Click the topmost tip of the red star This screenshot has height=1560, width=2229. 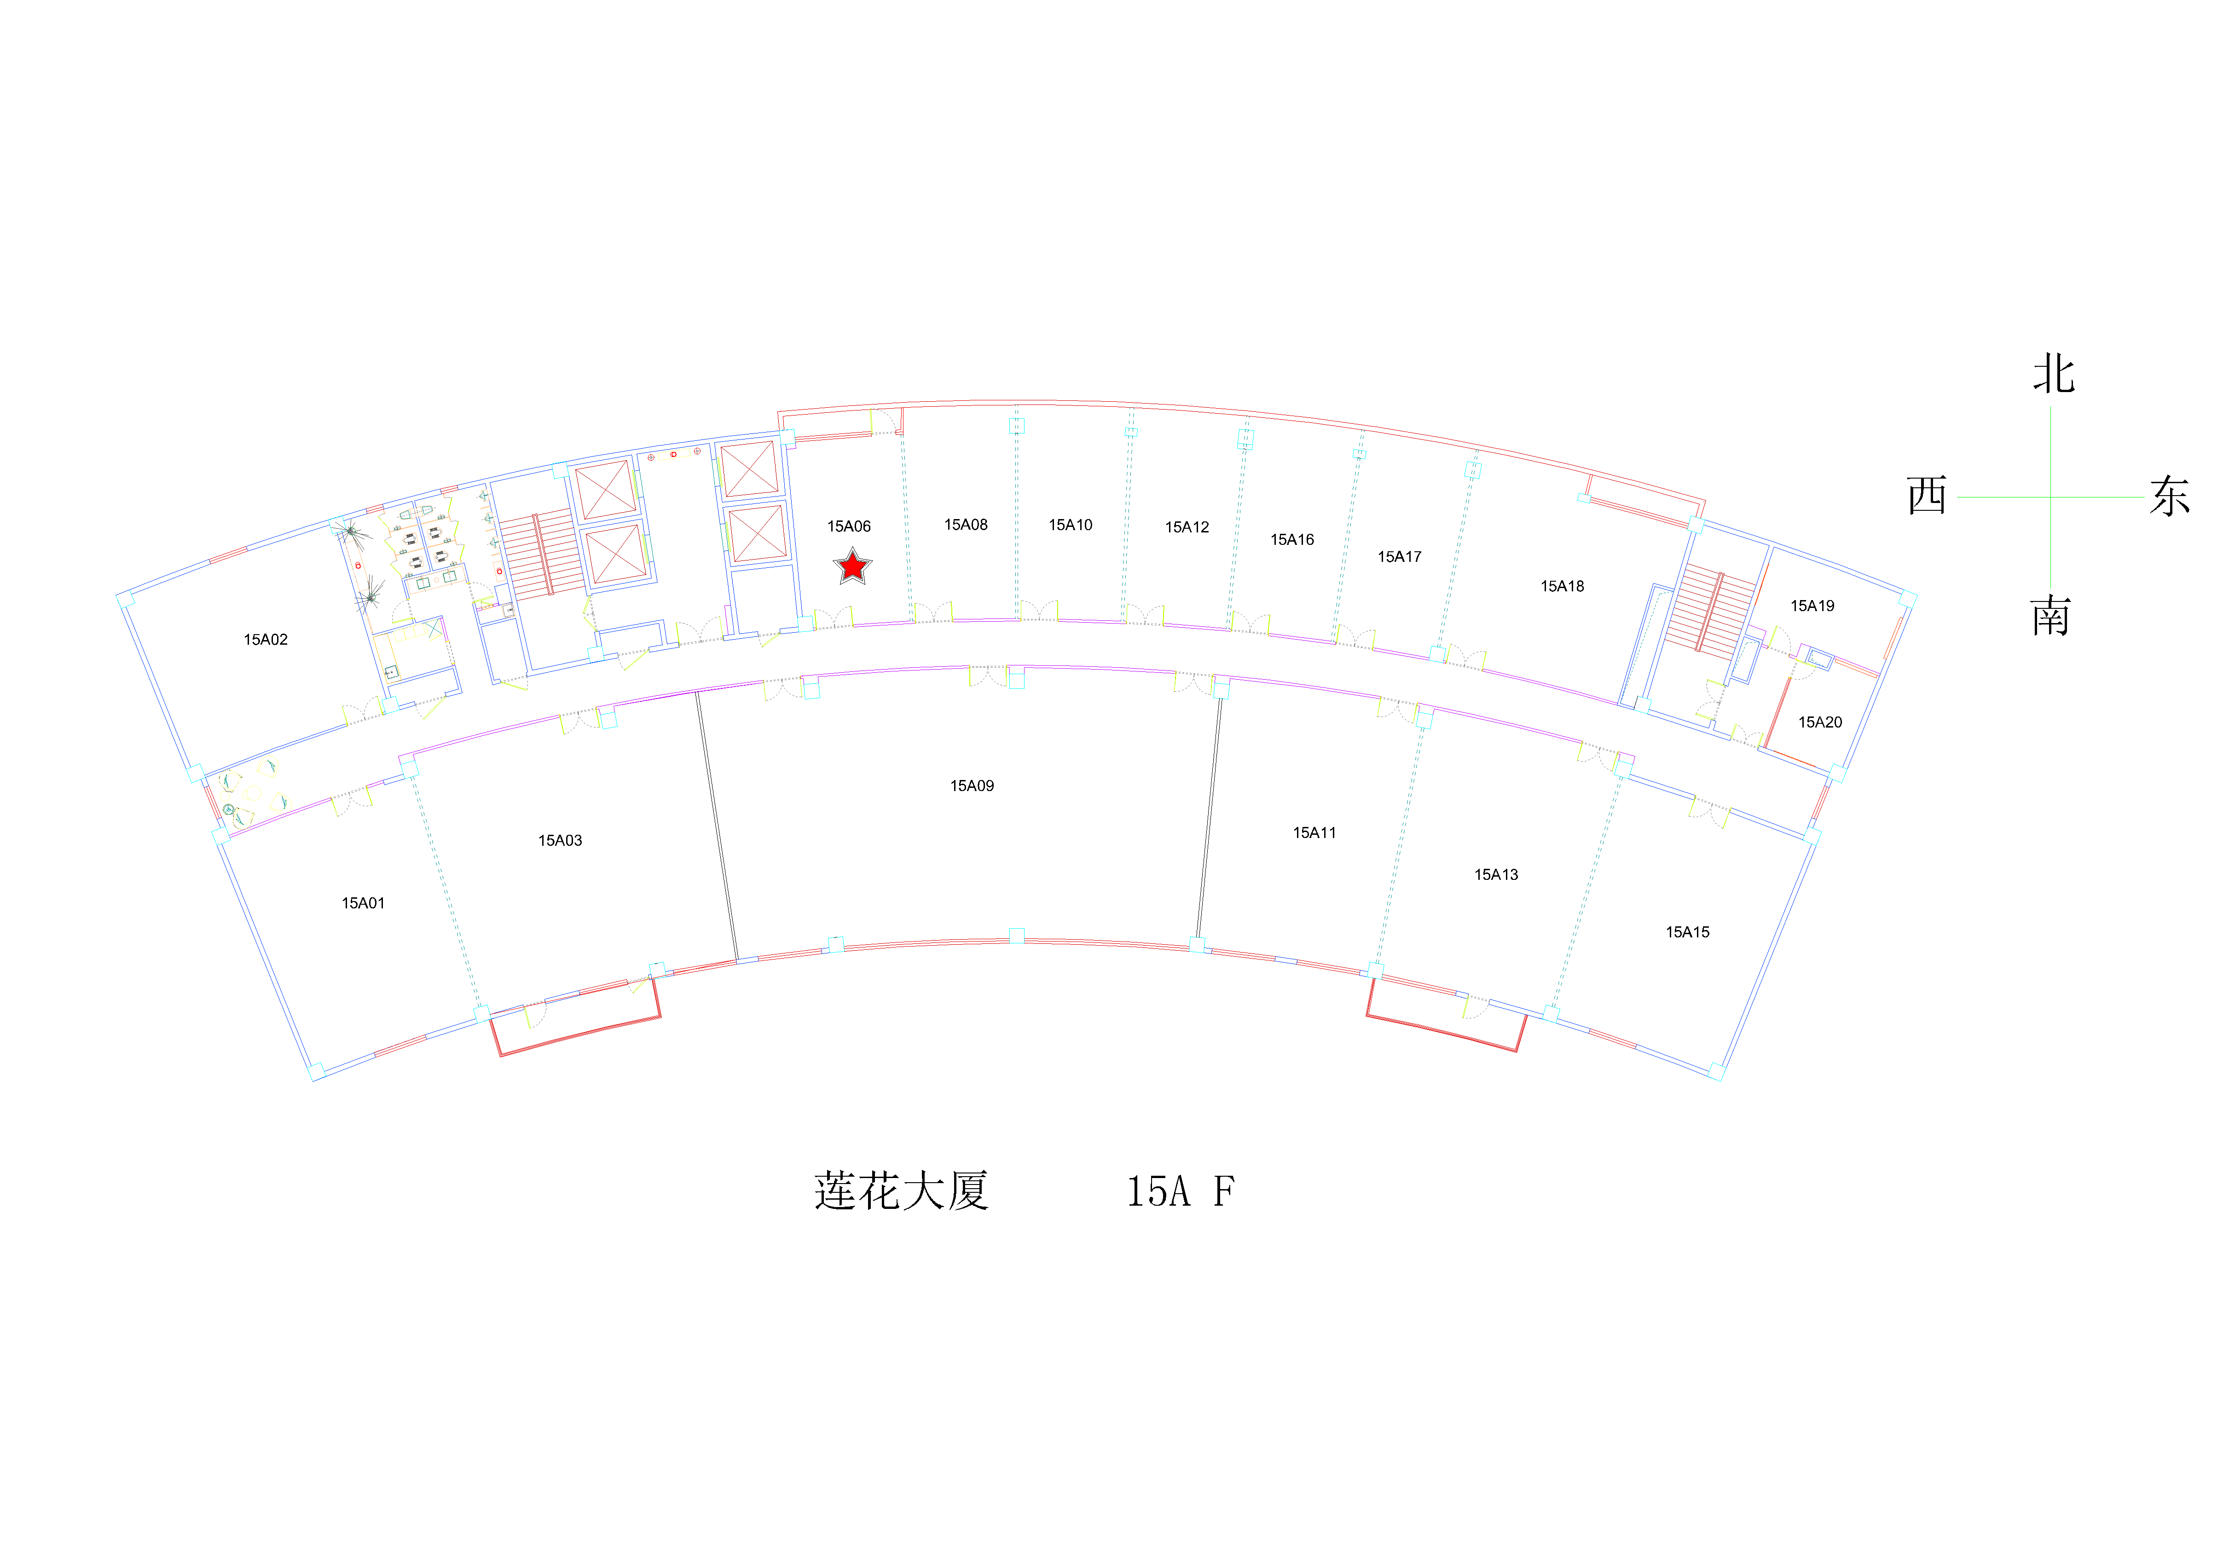852,548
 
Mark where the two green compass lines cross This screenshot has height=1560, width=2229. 2050,497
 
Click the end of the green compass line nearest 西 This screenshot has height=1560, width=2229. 1958,497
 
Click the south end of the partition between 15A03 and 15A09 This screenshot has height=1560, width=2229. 738,961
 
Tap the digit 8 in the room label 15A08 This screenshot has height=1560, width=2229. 983,524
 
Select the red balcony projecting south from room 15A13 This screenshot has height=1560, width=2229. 1445,1016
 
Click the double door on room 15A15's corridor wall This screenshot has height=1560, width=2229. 1708,813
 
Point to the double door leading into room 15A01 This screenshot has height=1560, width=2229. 353,802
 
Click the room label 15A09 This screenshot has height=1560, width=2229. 972,786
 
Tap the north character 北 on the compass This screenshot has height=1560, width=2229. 2053,373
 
